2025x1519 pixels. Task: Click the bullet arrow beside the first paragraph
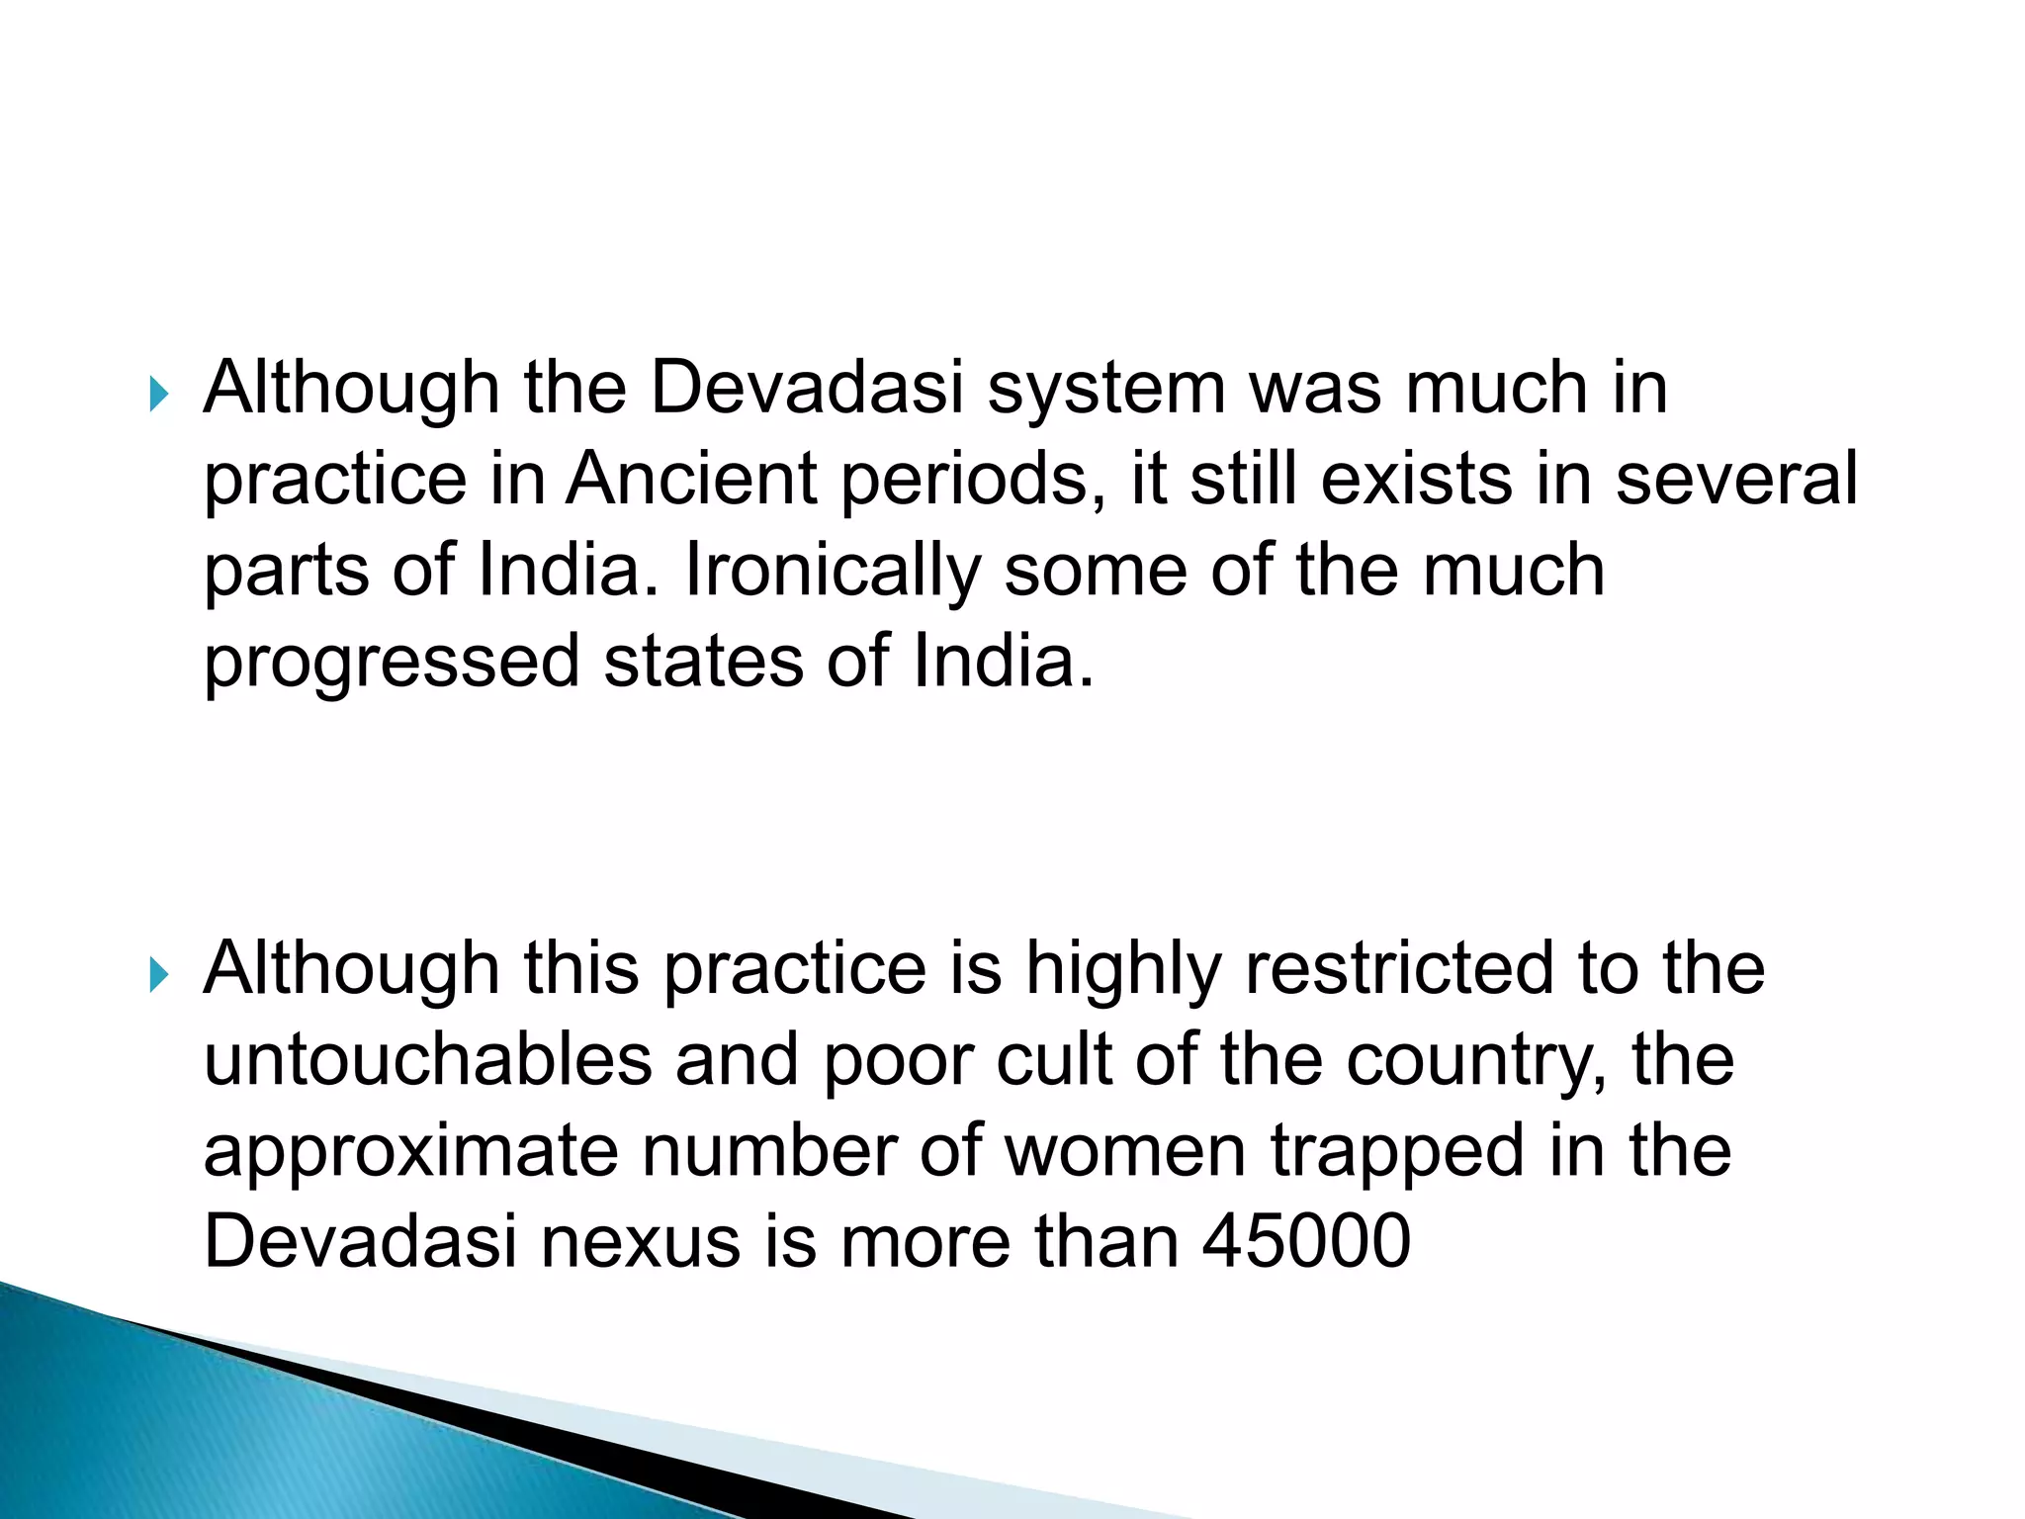click(x=158, y=397)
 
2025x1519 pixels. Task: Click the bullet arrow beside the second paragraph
click(x=158, y=976)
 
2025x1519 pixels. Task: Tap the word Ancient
click(x=692, y=479)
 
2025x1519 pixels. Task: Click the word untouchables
click(x=427, y=1059)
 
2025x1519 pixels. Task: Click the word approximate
click(x=410, y=1152)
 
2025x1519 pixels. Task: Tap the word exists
click(x=1416, y=479)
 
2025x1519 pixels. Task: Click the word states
click(x=703, y=662)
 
